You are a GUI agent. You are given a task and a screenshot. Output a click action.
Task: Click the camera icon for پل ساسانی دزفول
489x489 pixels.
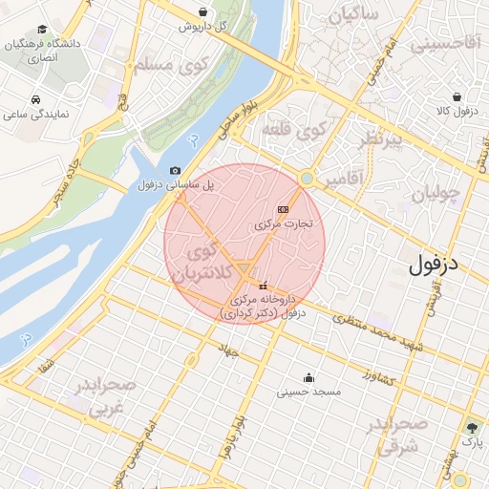(x=175, y=170)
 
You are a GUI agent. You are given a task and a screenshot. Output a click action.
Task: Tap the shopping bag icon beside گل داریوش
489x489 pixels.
(x=203, y=12)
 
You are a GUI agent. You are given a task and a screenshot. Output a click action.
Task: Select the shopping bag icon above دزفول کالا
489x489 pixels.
(x=457, y=96)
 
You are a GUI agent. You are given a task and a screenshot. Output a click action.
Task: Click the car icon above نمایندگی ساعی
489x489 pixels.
(x=35, y=99)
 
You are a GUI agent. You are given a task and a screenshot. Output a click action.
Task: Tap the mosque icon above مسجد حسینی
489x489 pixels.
(x=308, y=376)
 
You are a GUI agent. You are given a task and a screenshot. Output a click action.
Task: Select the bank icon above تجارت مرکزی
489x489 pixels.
(x=282, y=208)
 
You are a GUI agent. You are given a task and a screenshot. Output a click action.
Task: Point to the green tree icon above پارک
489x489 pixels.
(x=472, y=427)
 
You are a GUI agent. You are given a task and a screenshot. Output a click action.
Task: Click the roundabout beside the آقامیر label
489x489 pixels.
(x=307, y=178)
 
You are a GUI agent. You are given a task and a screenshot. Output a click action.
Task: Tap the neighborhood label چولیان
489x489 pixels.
(x=436, y=194)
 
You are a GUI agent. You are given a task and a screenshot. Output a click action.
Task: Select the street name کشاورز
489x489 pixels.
(x=382, y=372)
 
